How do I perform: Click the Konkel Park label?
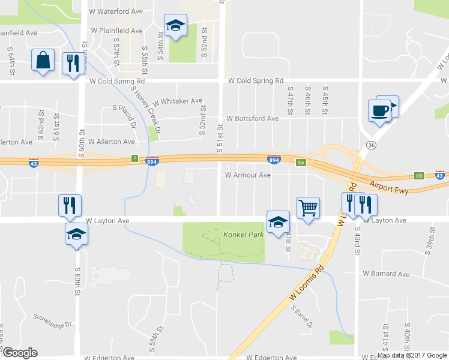[x=243, y=234]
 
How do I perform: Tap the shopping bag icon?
[x=43, y=61]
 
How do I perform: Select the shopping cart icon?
[x=308, y=209]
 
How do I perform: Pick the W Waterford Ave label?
[x=116, y=11]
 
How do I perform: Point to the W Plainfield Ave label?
[x=116, y=30]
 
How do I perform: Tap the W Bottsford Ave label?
[x=252, y=119]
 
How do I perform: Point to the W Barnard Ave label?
[x=386, y=274]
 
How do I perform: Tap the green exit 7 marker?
[x=135, y=158]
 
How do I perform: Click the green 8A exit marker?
[x=301, y=162]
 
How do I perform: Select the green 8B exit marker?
[x=419, y=176]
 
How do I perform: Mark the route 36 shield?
[x=372, y=146]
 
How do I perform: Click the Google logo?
[x=20, y=352]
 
